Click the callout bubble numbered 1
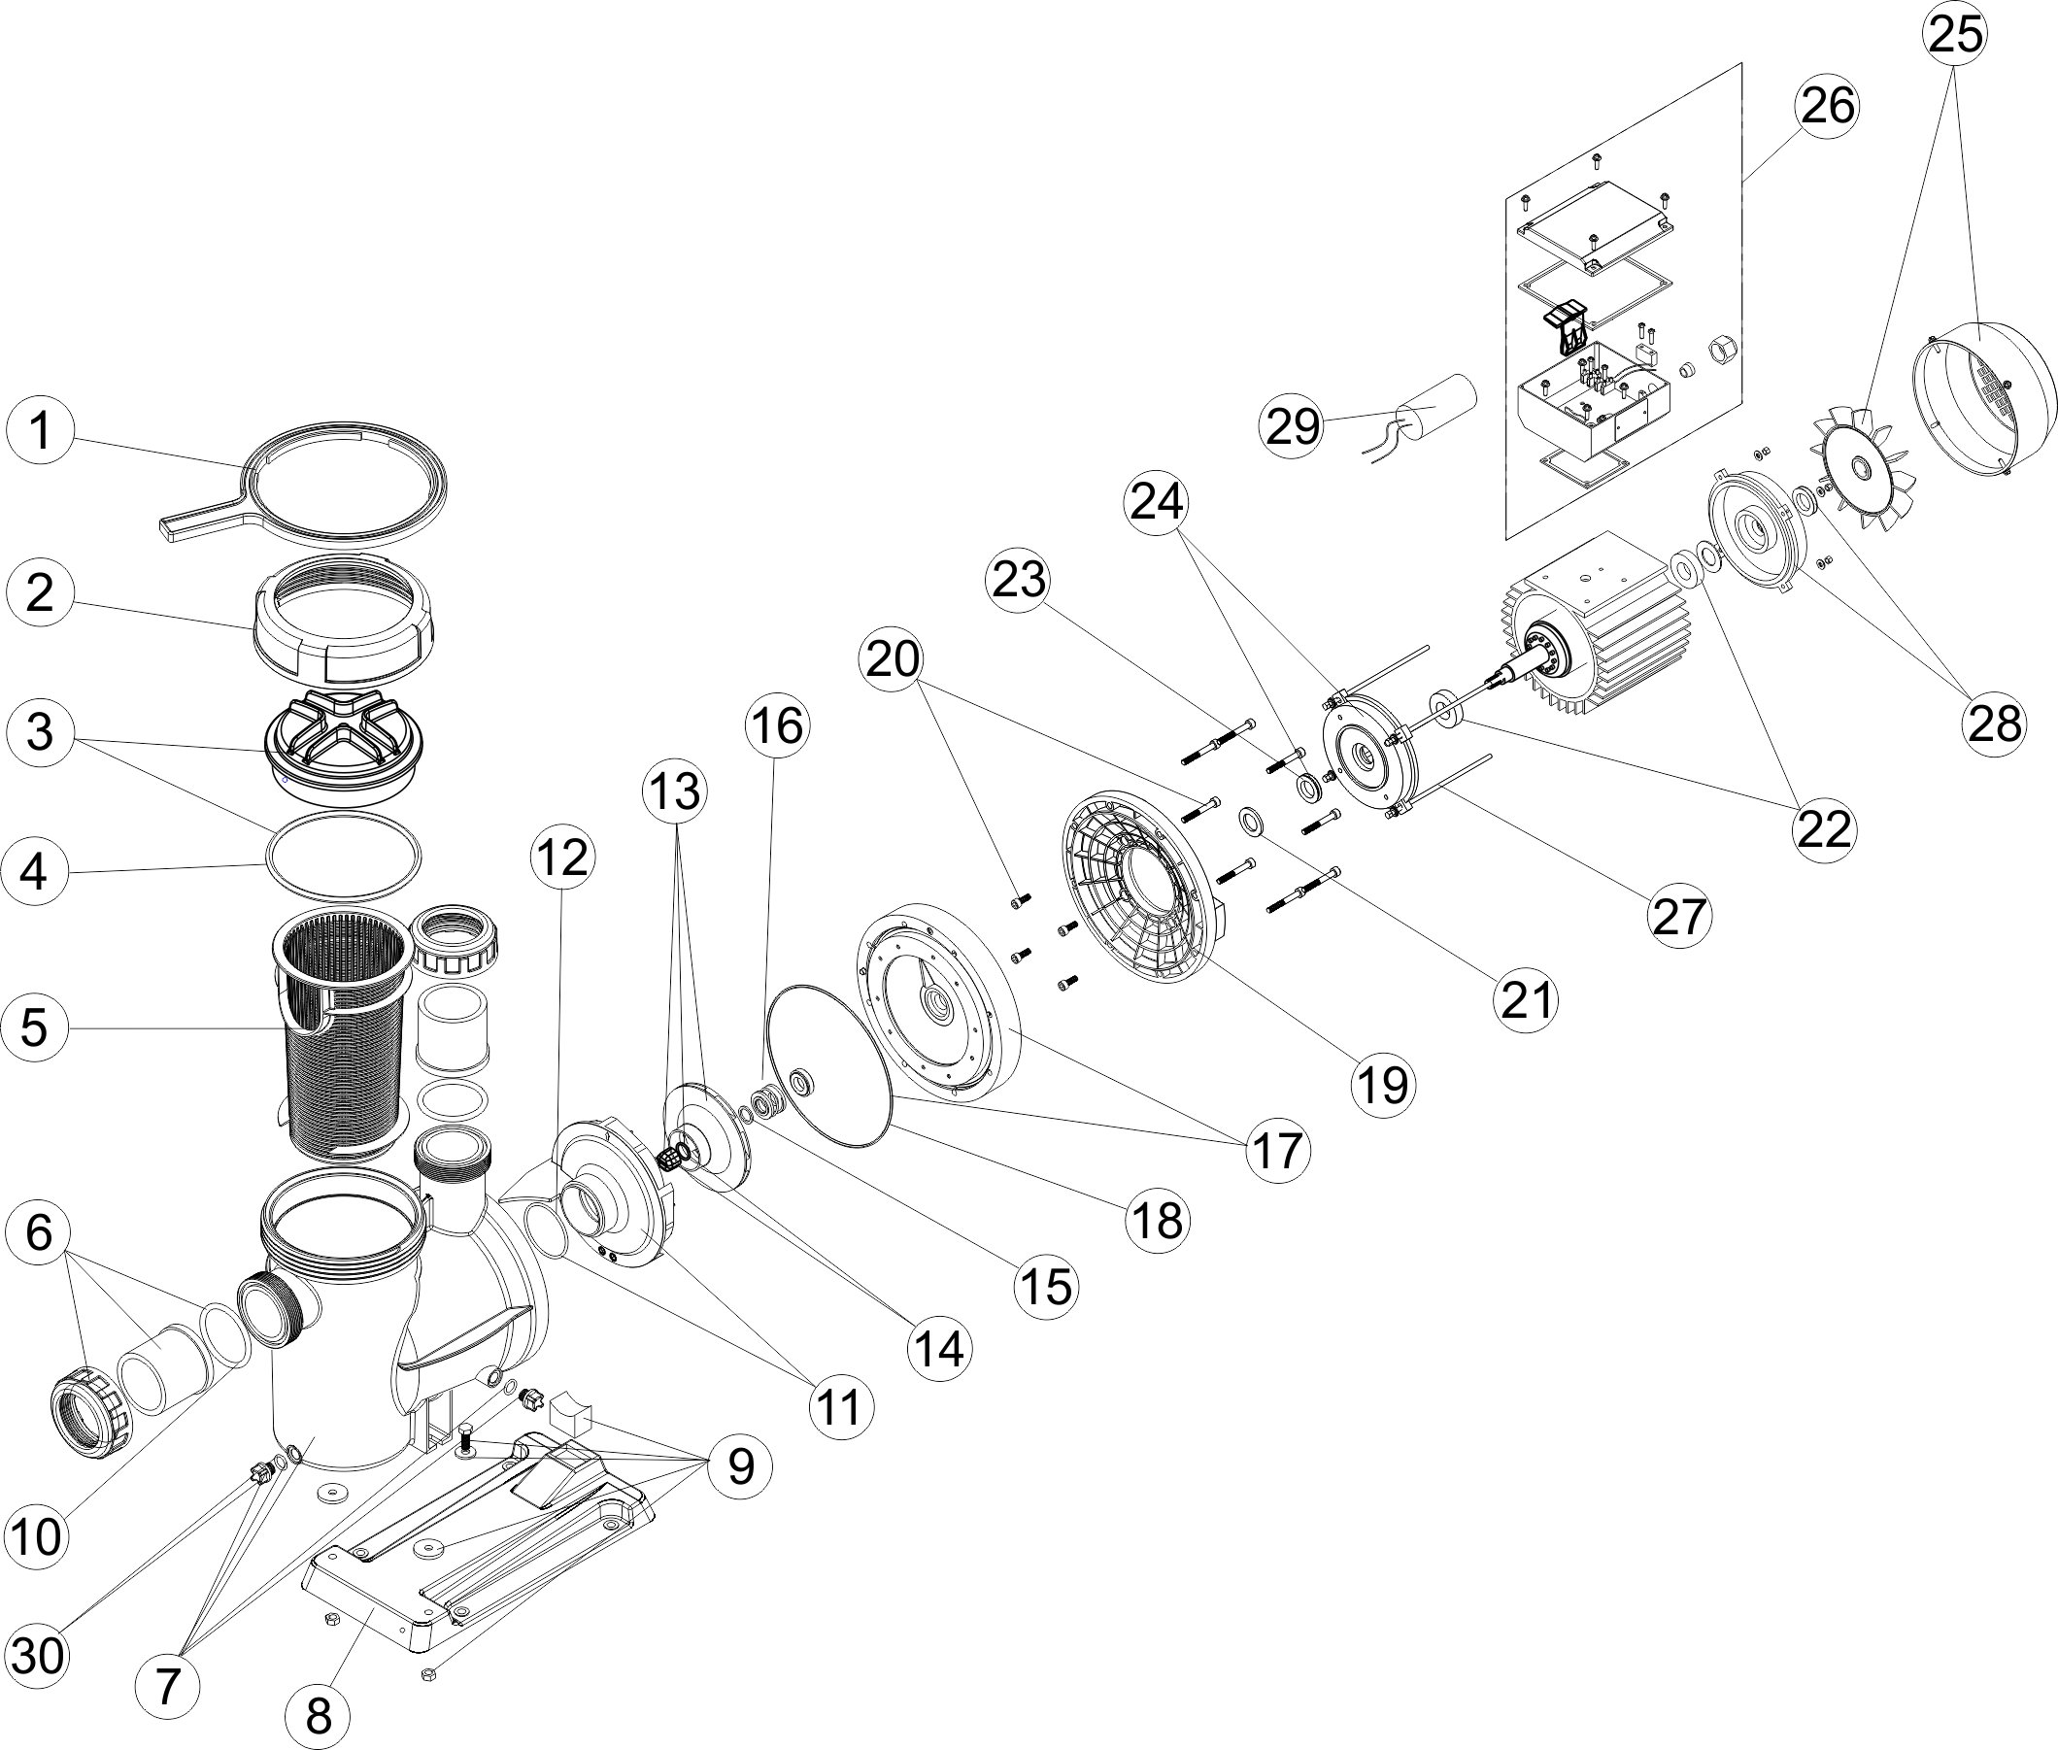coord(40,431)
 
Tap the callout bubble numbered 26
coord(1828,106)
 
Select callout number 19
coord(1383,1085)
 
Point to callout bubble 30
coord(38,1655)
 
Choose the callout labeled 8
coord(319,1716)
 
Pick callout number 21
coord(1527,1001)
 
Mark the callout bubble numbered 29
coord(1294,425)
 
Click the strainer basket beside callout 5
coord(341,1031)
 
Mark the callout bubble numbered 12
coord(561,859)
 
